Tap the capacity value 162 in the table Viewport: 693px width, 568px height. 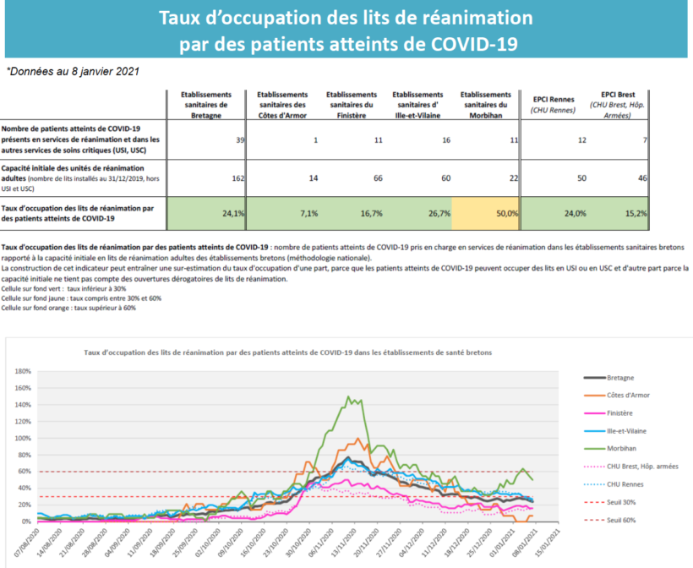(238, 178)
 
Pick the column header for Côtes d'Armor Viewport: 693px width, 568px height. (282, 105)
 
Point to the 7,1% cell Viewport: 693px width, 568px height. (309, 214)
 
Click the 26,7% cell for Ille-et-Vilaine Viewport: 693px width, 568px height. (439, 214)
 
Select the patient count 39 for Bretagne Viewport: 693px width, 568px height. (240, 140)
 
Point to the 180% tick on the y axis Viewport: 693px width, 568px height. (23, 371)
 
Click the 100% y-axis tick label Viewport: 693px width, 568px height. (23, 439)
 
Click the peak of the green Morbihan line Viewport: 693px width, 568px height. (348, 396)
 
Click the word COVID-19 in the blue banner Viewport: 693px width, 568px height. (474, 44)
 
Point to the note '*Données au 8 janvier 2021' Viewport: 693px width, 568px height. (73, 72)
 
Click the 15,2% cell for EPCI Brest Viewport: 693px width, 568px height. (636, 214)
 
